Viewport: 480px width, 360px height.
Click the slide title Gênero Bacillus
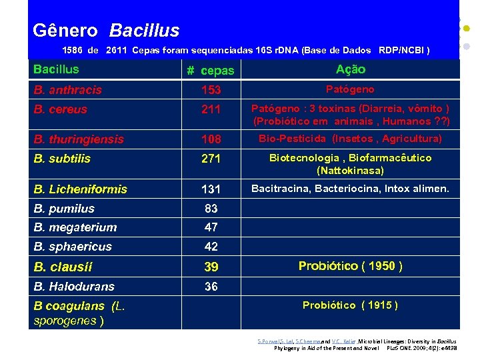[106, 31]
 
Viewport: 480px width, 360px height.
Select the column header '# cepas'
[210, 71]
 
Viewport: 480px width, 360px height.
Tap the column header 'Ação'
[351, 69]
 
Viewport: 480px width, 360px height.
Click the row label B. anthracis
[68, 90]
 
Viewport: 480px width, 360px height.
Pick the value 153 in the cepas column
[211, 90]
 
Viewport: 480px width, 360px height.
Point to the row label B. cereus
[61, 109]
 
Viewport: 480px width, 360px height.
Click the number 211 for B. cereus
[211, 109]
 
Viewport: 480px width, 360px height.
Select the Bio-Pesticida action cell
[350, 139]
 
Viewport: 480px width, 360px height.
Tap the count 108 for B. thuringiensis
[211, 139]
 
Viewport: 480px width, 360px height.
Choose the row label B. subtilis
[62, 159]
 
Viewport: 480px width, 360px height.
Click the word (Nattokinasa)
[350, 171]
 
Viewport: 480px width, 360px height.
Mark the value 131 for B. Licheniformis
[211, 189]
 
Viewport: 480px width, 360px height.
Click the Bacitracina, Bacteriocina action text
[350, 189]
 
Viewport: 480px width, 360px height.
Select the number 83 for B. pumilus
[211, 209]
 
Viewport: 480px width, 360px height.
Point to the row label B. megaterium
[75, 227]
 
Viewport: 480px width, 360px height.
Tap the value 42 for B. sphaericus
[211, 247]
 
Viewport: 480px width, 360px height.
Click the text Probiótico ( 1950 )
[350, 266]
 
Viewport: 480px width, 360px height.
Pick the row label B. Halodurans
[74, 287]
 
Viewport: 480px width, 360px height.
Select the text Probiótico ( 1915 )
[350, 305]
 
